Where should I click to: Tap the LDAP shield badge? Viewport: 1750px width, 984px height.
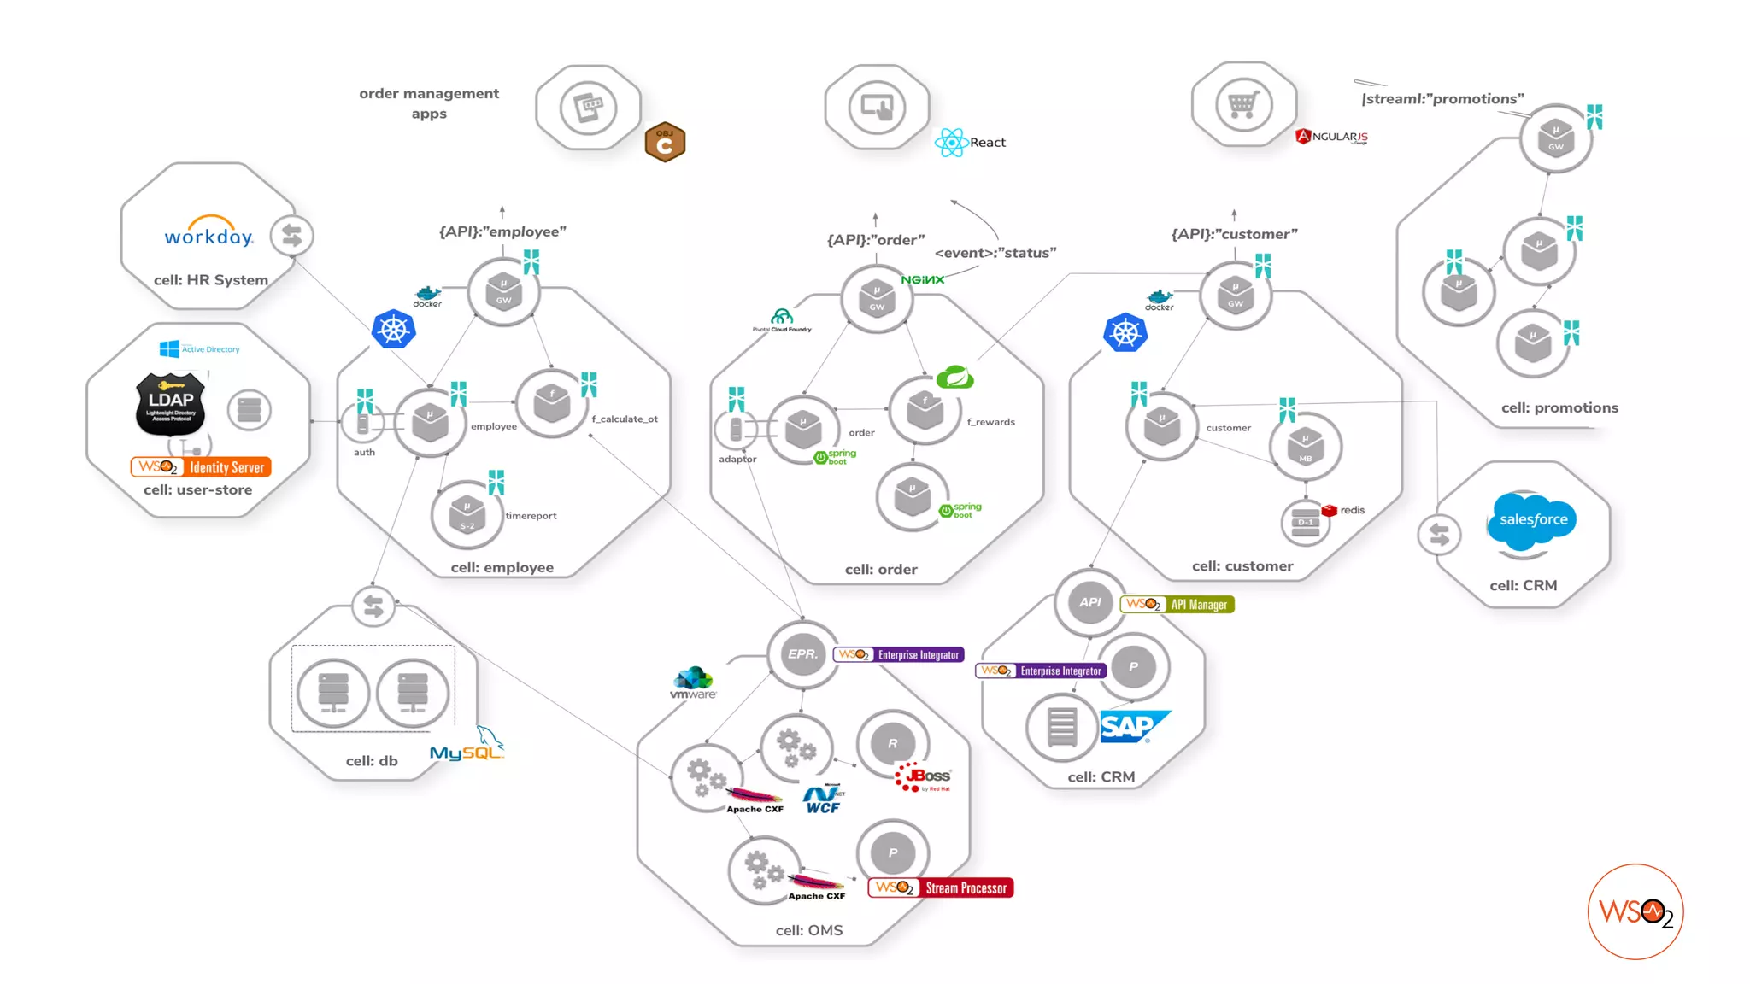171,403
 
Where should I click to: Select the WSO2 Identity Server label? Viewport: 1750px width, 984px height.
201,467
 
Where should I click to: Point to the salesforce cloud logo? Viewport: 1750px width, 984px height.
1533,518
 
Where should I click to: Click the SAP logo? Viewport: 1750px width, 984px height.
1133,727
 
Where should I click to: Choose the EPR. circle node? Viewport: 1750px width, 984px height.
802,654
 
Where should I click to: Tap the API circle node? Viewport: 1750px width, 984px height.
1090,602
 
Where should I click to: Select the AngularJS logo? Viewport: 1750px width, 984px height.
1332,137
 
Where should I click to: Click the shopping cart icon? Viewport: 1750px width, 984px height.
1243,105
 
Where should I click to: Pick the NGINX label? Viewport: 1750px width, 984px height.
922,280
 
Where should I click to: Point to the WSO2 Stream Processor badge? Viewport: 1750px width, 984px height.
941,888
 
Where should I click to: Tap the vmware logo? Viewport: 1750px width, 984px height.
693,684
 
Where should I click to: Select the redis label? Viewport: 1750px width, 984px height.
1352,510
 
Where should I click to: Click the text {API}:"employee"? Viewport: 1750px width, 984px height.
502,231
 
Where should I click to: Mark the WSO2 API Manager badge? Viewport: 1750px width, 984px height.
1177,605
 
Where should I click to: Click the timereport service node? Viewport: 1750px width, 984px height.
467,515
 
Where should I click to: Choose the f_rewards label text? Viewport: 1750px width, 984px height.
990,422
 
